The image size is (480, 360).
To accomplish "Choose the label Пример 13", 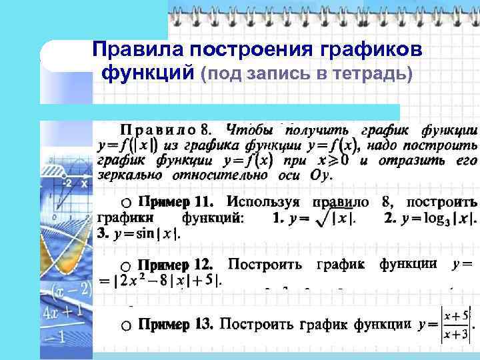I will pyautogui.click(x=175, y=325).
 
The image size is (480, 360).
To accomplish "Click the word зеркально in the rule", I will pyautogui.click(x=131, y=175).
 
